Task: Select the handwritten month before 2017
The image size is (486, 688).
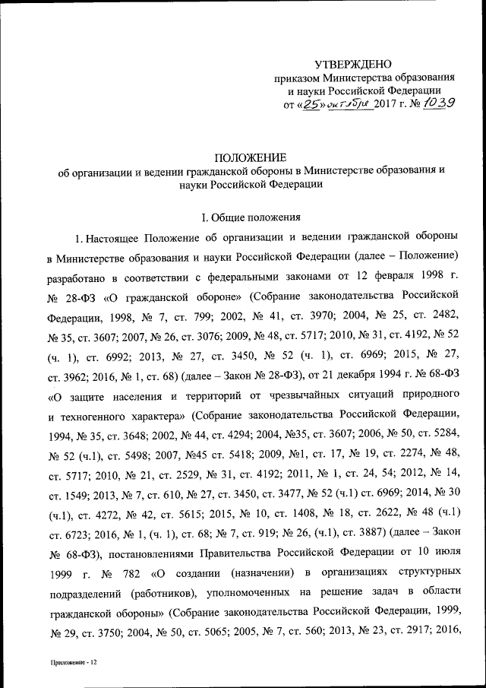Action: click(350, 105)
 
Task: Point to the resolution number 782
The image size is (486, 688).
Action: click(134, 571)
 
